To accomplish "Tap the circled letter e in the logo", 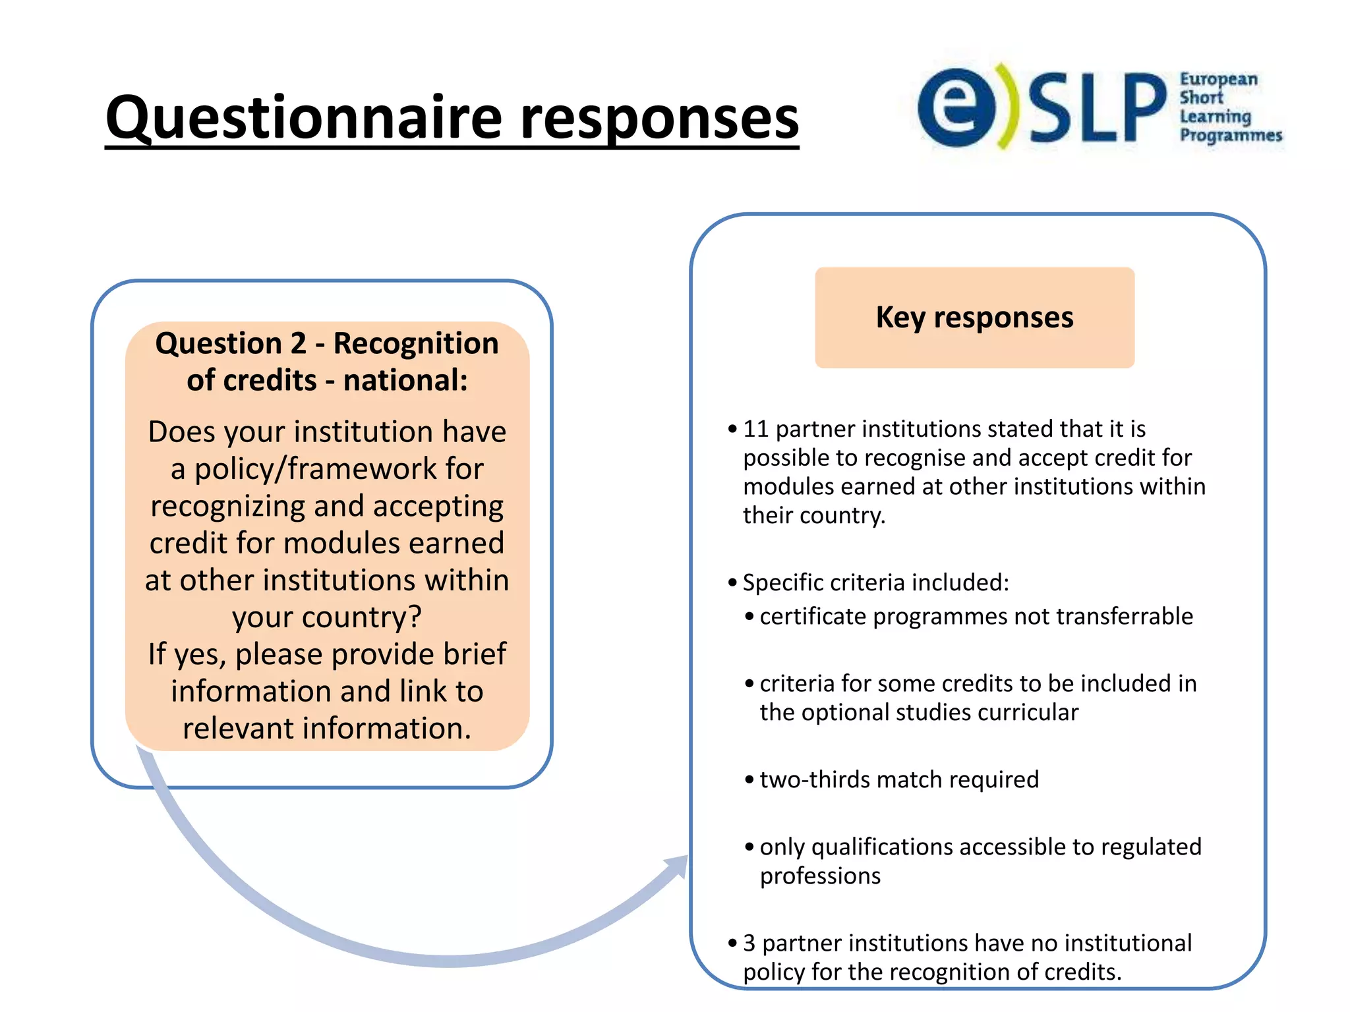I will (957, 107).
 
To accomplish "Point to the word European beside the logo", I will (1218, 80).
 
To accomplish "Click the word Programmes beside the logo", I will (1230, 136).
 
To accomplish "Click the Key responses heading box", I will (974, 318).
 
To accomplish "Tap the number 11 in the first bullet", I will (755, 430).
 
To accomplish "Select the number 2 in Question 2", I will (298, 344).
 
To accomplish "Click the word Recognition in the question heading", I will (415, 344).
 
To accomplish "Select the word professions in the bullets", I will (819, 876).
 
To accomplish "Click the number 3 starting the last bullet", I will (749, 943).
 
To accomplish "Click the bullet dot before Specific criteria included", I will (732, 583).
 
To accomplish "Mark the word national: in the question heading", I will (405, 381).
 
